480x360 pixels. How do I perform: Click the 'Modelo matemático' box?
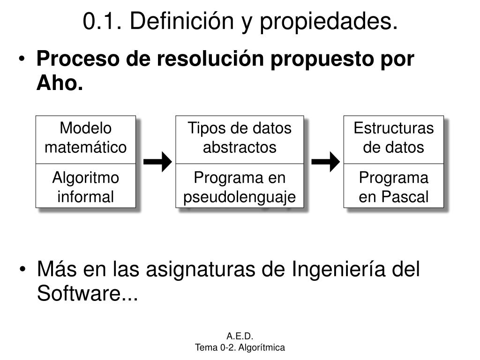point(86,139)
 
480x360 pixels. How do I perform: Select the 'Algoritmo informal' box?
point(86,186)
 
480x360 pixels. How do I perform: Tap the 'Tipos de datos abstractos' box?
point(240,139)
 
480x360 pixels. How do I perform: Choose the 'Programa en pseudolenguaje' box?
point(240,186)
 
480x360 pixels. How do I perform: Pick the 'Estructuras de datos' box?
point(394,139)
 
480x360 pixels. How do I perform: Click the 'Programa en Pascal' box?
point(394,186)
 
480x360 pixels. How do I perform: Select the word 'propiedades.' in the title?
point(328,22)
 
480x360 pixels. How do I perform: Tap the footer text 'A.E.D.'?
point(240,336)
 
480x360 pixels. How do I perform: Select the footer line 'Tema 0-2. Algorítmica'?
point(240,347)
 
